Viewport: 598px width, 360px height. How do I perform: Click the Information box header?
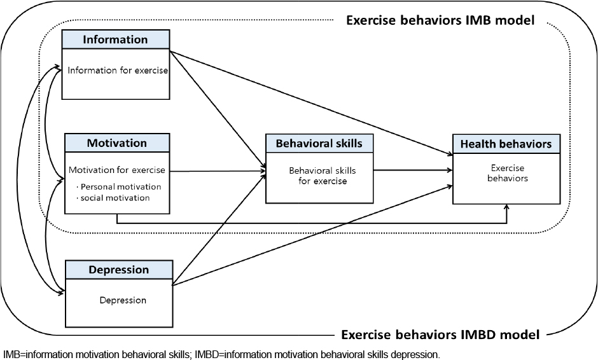coord(116,39)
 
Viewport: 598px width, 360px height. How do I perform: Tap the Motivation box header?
coord(117,143)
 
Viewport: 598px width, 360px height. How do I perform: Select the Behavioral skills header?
coord(319,143)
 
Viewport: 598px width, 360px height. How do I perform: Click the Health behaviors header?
coord(506,144)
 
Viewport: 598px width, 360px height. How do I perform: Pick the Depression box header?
coord(119,270)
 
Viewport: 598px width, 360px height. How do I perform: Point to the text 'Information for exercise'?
coord(118,71)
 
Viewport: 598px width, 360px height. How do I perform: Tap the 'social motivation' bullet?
coord(113,198)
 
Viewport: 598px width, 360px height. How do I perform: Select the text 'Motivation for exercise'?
coord(117,170)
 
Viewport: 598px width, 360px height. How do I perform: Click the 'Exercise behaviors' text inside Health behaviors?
coord(508,173)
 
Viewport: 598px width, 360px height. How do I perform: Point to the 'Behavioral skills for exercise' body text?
coord(323,176)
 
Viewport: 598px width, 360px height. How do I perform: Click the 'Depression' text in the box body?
coord(123,300)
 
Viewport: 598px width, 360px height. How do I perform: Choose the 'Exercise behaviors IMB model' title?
coord(440,20)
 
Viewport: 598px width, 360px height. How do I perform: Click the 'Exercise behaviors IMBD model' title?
coord(440,335)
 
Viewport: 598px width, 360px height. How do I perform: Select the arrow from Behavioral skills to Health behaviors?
coord(413,170)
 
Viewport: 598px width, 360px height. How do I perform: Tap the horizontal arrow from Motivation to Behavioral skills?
coord(218,171)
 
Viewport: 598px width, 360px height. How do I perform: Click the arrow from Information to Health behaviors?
coord(311,103)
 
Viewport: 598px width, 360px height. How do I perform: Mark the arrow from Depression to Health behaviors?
coord(313,235)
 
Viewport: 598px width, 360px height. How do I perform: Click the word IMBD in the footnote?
coord(206,355)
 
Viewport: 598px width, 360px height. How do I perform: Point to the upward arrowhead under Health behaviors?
coord(507,207)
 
